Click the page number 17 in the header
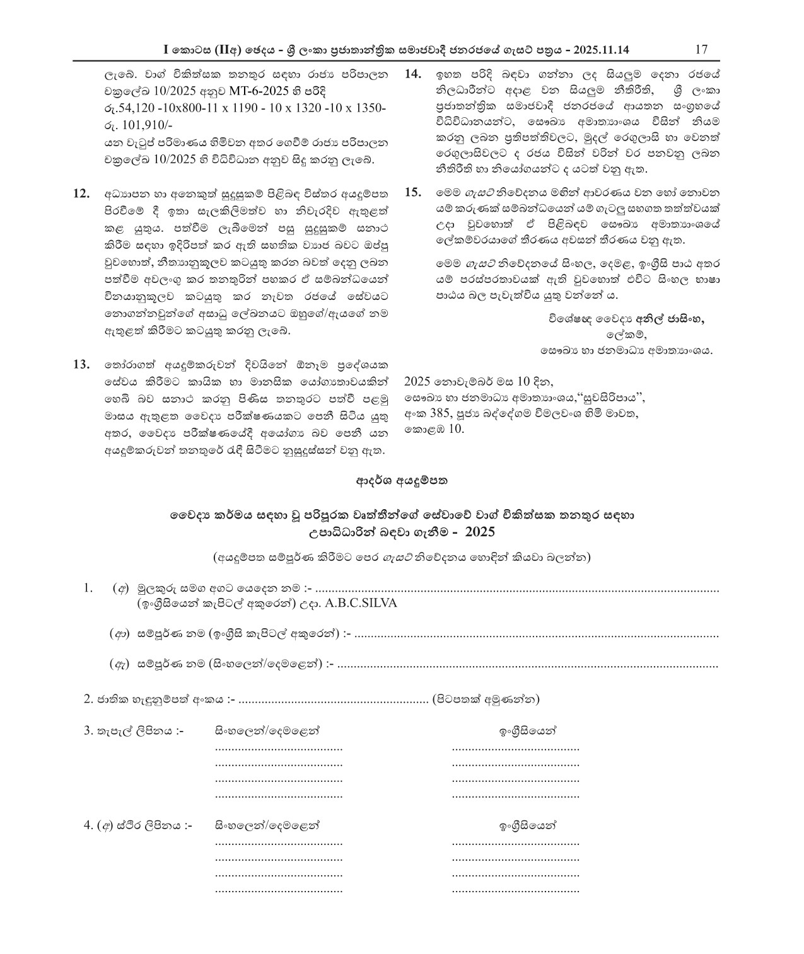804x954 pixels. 701,50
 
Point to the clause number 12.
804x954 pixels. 82,193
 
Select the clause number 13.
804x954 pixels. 82,364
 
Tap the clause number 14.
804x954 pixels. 412,74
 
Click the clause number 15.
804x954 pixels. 412,192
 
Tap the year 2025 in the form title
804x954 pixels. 480,532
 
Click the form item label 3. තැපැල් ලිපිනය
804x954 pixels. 133,732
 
